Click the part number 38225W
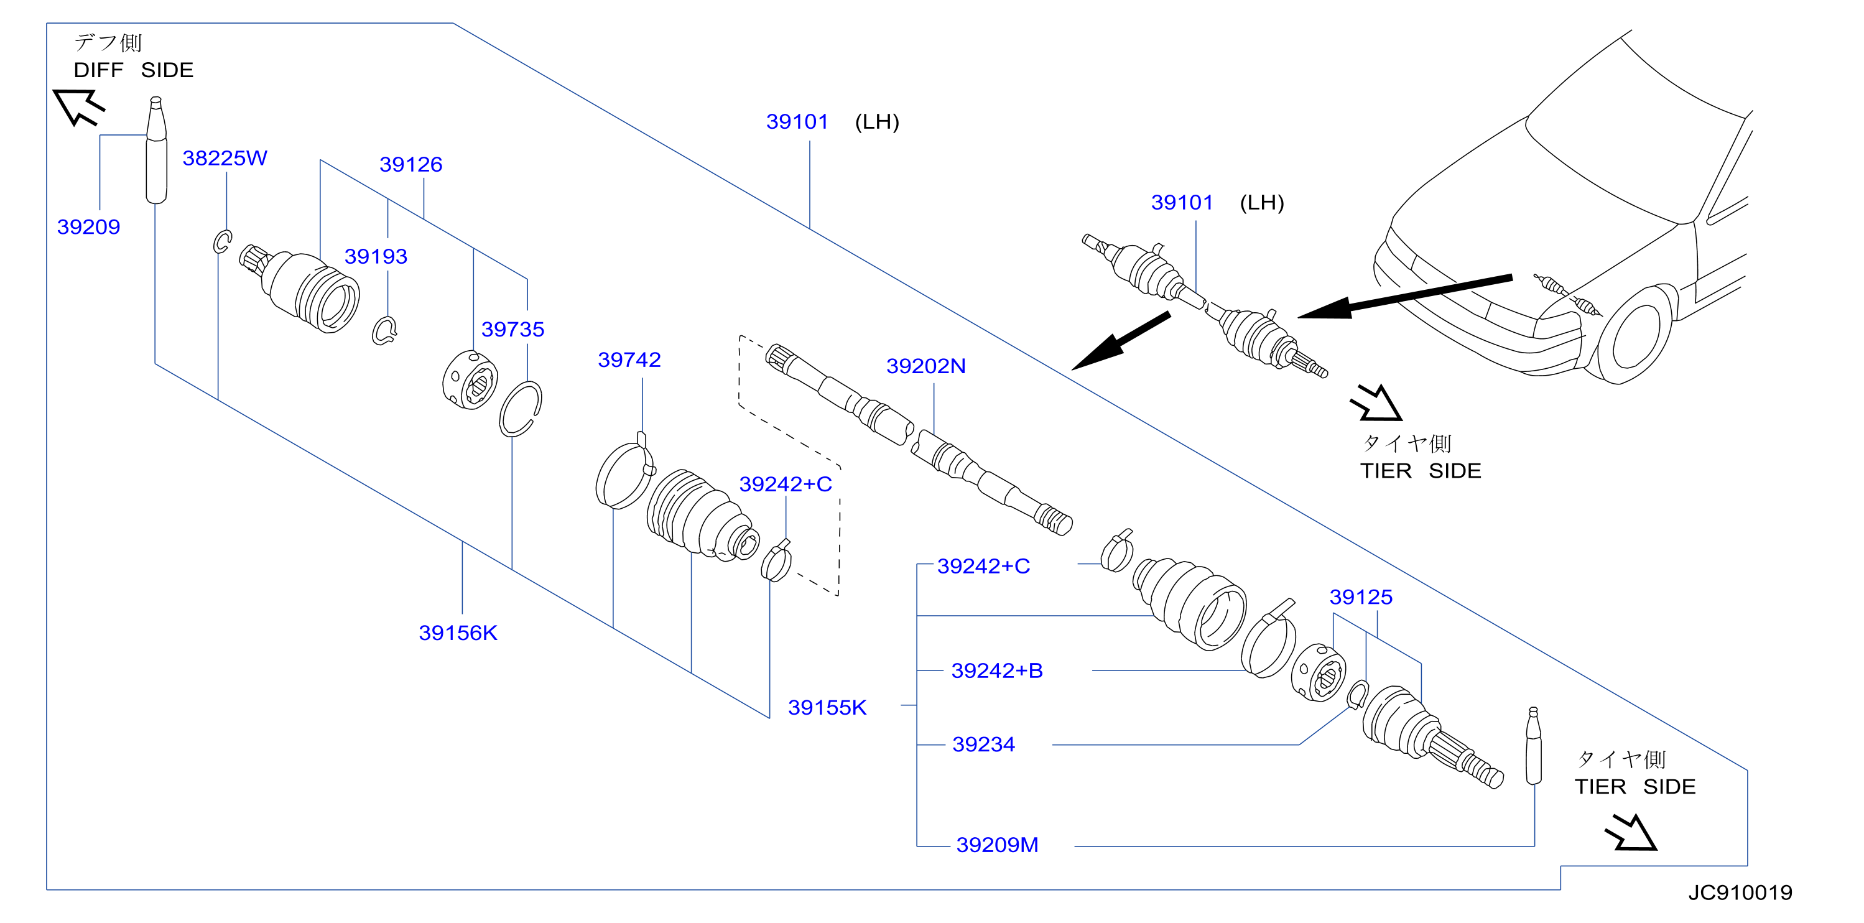point(225,158)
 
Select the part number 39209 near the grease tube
point(88,227)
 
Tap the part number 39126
point(410,165)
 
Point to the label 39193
point(376,257)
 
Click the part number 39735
point(512,330)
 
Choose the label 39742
point(629,360)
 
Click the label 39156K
point(458,634)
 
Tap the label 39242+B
point(996,670)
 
